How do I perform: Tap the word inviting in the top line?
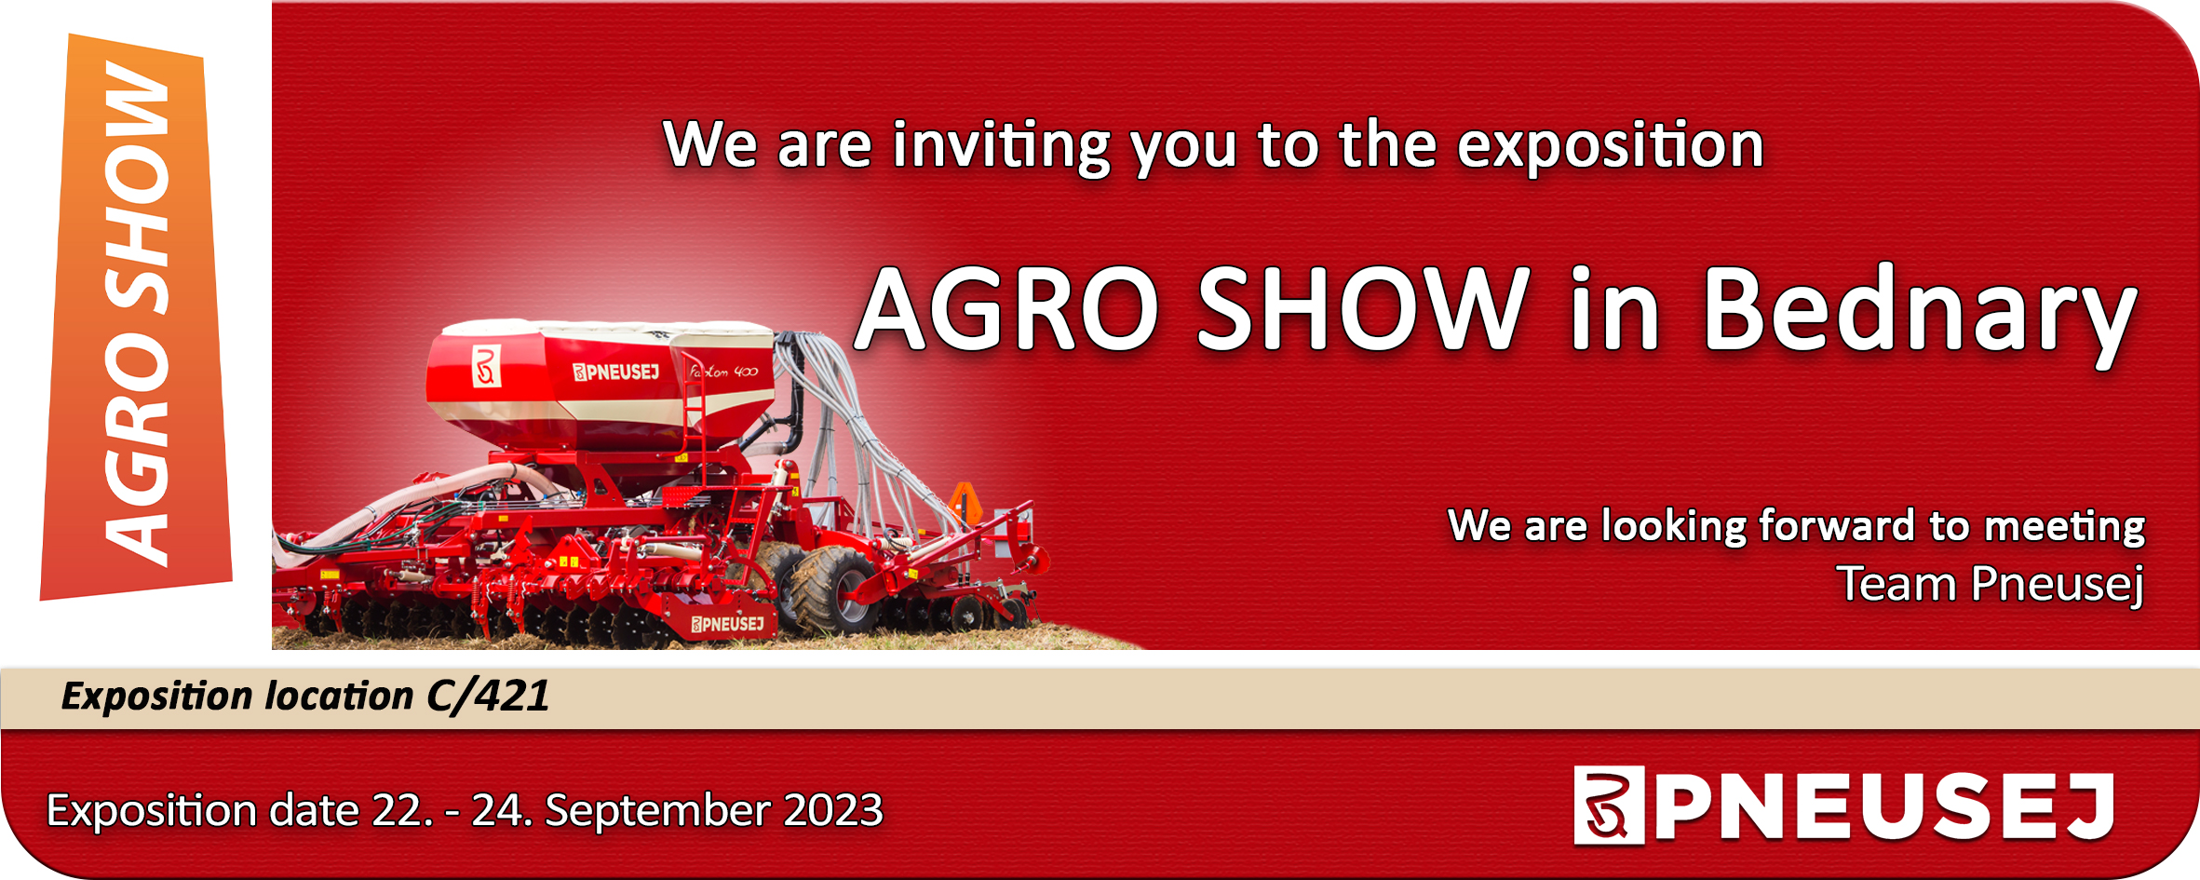[x=1002, y=147]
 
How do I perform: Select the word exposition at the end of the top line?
[x=1611, y=145]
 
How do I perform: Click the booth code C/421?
[x=488, y=697]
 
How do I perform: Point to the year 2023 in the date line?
[x=833, y=810]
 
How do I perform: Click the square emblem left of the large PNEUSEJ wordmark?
[x=1609, y=805]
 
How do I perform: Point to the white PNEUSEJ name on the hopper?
[x=615, y=372]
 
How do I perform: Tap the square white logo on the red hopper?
[x=487, y=366]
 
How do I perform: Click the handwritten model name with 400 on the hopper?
[x=723, y=372]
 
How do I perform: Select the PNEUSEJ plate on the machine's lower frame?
[x=727, y=624]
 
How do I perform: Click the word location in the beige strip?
[x=339, y=697]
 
